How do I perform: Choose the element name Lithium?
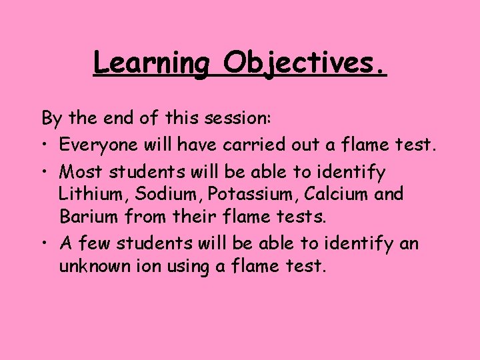(x=87, y=195)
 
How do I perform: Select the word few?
(x=92, y=244)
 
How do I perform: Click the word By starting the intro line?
(x=52, y=119)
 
